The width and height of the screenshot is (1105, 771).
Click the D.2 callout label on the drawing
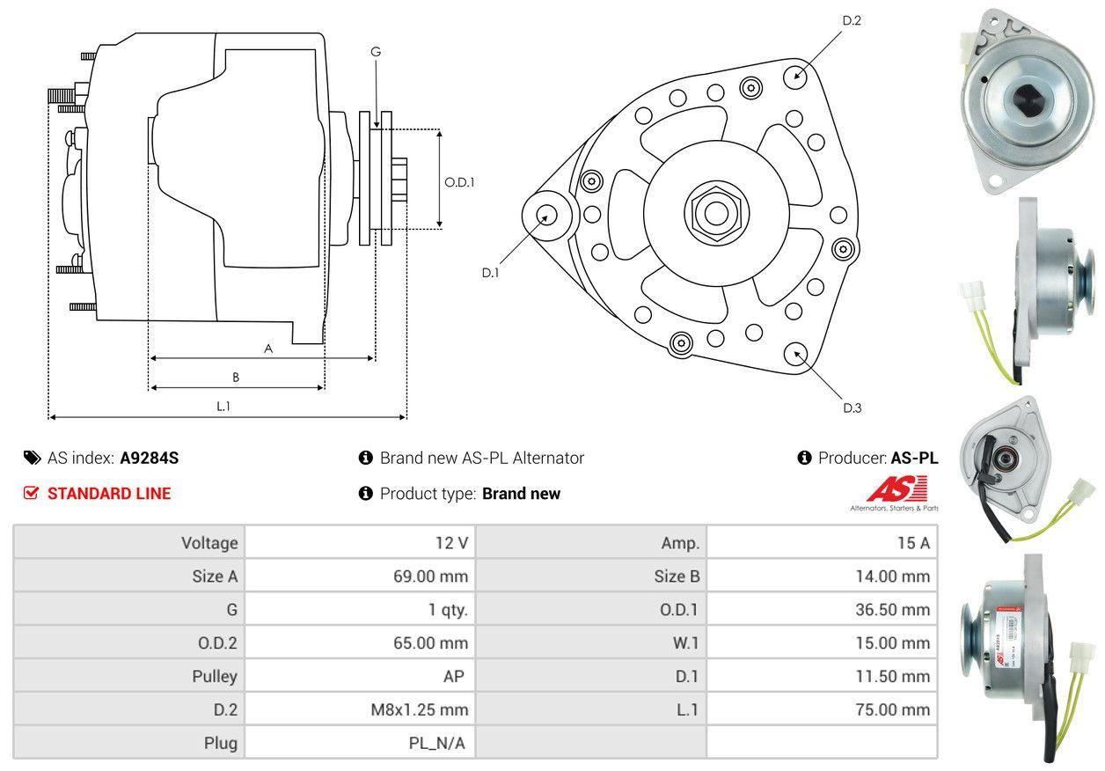coord(852,20)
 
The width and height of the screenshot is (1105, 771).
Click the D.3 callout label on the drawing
coord(852,408)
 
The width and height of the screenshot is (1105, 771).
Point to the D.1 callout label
coord(490,273)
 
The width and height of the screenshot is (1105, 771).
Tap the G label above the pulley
coord(376,52)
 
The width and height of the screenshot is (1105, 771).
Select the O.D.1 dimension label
coord(459,183)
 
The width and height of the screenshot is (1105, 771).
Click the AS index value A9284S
coord(149,458)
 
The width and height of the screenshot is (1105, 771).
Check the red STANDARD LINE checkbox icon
coord(32,493)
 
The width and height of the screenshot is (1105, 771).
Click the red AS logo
coord(896,488)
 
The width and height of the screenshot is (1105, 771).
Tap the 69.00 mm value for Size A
coord(430,576)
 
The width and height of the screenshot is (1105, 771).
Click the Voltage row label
coord(209,543)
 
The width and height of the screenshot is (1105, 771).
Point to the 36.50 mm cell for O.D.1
coord(892,610)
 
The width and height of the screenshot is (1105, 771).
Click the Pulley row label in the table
coord(215,676)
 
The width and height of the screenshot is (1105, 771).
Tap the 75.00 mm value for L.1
coord(892,709)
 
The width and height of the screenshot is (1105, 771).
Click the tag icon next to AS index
coord(32,458)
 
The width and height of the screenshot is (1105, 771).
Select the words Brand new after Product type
coord(521,494)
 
